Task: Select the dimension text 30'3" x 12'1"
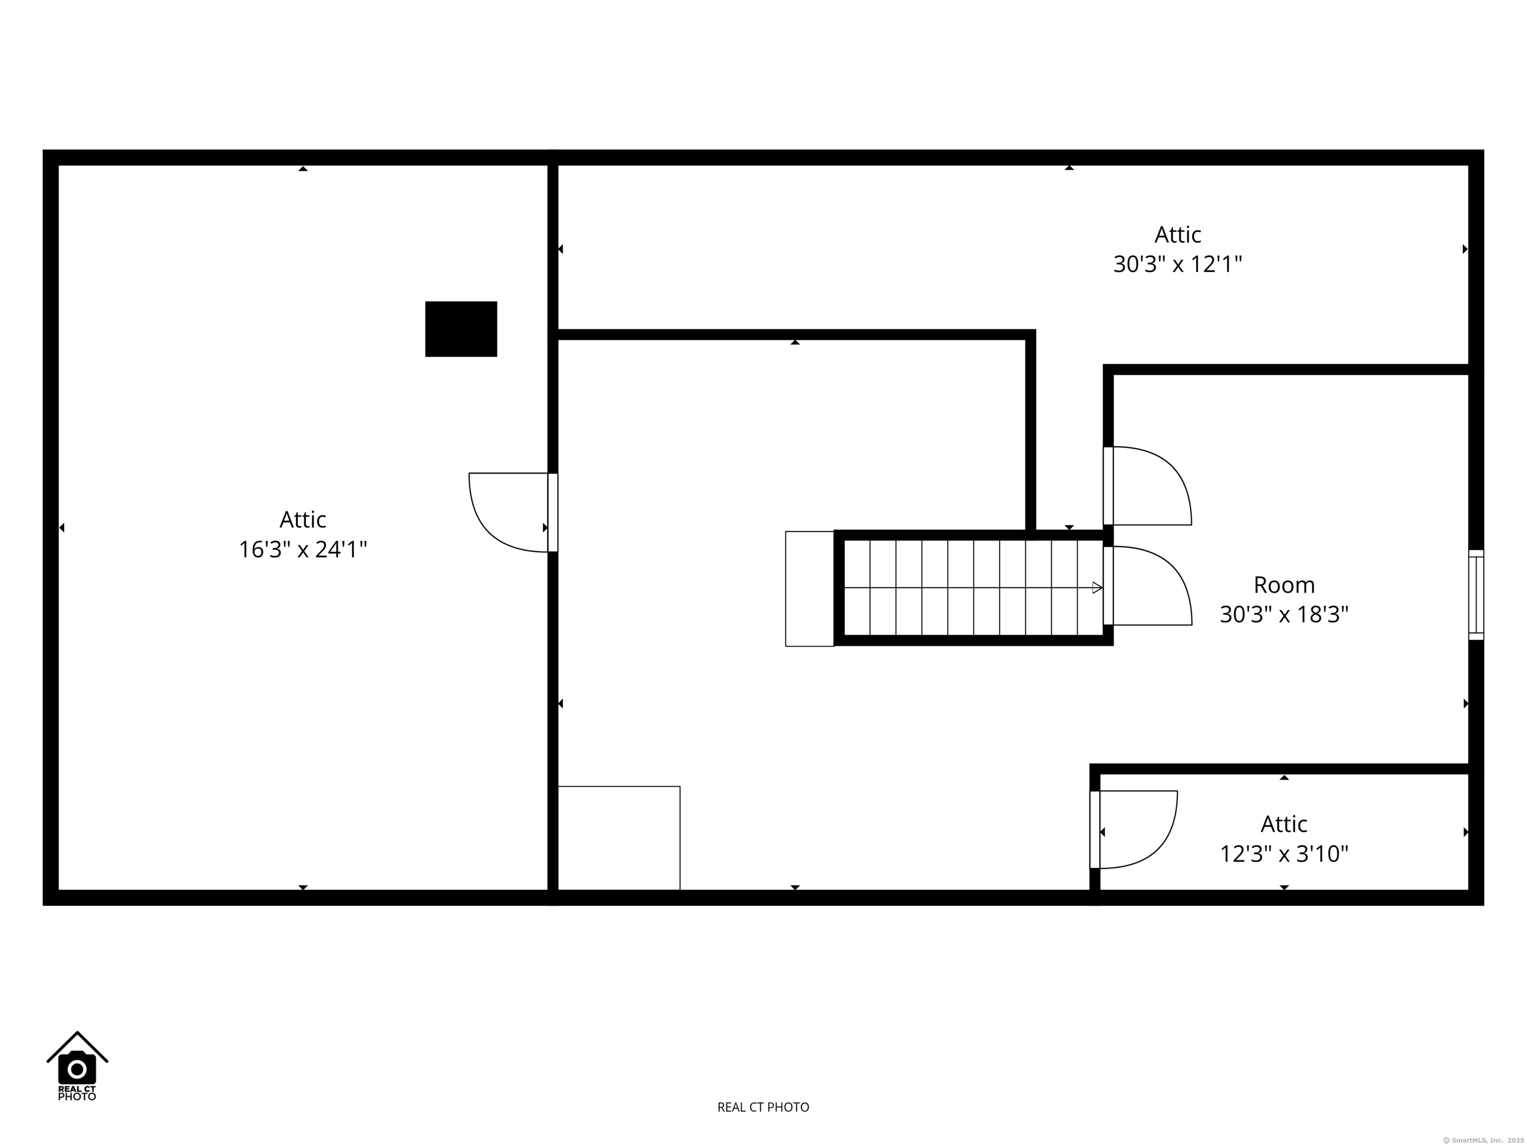point(1177,265)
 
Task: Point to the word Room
point(1284,585)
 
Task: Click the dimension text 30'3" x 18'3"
point(1284,615)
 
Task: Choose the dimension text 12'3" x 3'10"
point(1284,855)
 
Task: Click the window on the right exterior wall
point(1476,595)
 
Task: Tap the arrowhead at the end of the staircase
point(1097,588)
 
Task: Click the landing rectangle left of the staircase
point(810,588)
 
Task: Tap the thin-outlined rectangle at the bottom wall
point(618,838)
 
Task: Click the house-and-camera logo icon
point(78,1066)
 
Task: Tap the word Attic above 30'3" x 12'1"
point(1178,235)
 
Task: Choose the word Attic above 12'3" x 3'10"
point(1284,824)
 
